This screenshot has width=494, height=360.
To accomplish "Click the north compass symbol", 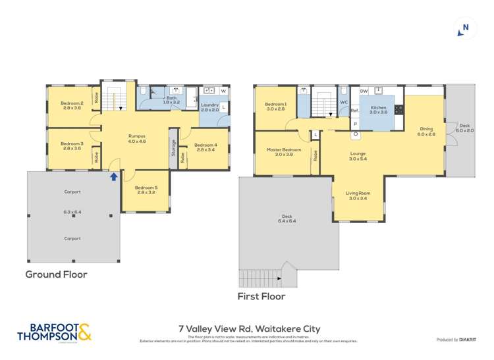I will [x=465, y=28].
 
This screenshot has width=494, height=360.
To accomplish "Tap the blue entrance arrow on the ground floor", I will [x=113, y=176].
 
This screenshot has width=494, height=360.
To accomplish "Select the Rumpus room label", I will [x=137, y=136].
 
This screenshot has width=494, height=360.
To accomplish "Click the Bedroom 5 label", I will [x=146, y=188].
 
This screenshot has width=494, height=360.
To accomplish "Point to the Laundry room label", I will [x=209, y=105].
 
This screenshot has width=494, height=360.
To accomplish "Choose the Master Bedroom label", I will [x=284, y=150].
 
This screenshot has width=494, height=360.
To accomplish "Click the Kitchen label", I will [x=378, y=108].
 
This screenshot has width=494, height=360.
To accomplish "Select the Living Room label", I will [x=359, y=193].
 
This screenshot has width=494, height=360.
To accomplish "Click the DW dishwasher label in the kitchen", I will [x=364, y=91].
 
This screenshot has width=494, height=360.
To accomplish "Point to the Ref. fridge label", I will [x=354, y=110].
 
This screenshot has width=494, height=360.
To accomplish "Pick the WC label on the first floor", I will [x=343, y=102].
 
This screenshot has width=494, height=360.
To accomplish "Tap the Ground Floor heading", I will [x=56, y=274].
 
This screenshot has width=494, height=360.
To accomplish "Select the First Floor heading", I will [x=261, y=296].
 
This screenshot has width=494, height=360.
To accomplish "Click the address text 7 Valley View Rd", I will [x=249, y=329].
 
